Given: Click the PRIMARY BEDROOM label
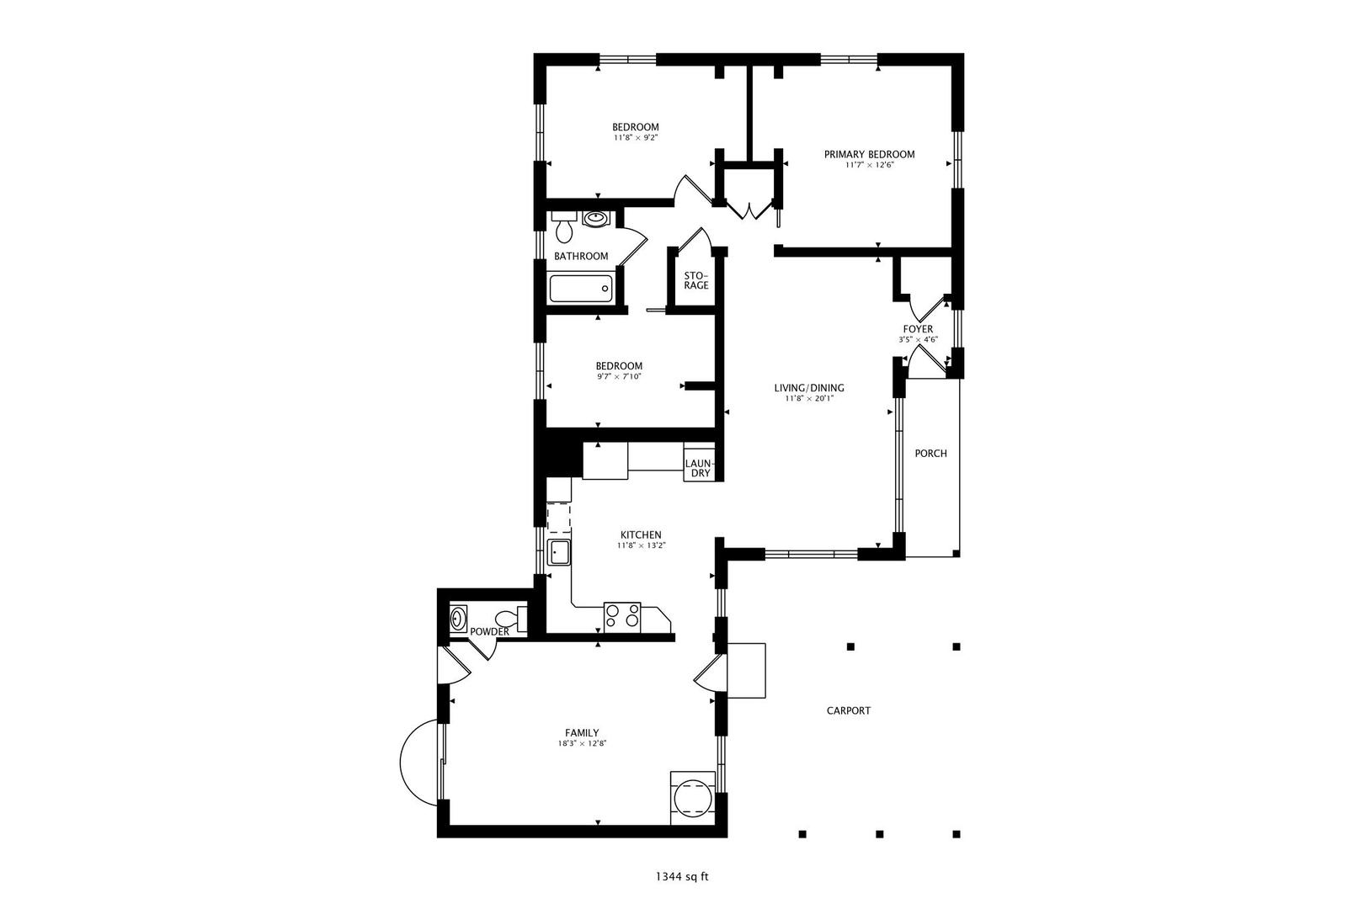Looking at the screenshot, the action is click(x=869, y=155).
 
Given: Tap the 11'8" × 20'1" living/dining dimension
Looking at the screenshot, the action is click(x=808, y=399).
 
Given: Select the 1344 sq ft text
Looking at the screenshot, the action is click(x=682, y=877).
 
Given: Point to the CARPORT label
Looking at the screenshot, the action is click(x=848, y=710).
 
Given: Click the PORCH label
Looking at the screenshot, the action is click(x=930, y=454).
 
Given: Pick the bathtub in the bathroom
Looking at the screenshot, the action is click(x=580, y=289).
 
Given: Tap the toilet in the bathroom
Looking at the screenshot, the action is click(x=564, y=226).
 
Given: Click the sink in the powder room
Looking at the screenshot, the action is click(x=458, y=619).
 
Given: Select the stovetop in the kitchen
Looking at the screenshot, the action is click(x=622, y=618).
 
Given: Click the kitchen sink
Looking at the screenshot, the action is click(x=558, y=552).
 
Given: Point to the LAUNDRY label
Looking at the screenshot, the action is click(x=698, y=468).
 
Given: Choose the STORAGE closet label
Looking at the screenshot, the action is click(x=696, y=280).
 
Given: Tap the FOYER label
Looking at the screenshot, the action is click(x=918, y=329).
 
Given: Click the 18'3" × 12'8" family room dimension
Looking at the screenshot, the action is click(x=582, y=743).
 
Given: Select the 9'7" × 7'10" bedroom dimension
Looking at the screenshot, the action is click(x=619, y=377).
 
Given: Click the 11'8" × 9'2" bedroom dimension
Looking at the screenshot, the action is click(x=636, y=137).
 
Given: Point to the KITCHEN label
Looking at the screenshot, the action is click(x=641, y=535).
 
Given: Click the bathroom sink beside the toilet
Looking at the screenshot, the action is click(x=595, y=219).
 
